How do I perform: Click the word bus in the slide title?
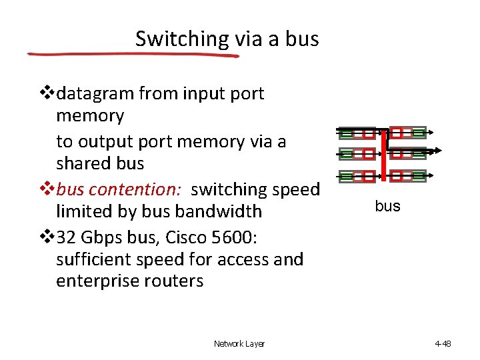pyautogui.click(x=303, y=39)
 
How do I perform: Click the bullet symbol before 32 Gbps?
pyautogui.click(x=47, y=235)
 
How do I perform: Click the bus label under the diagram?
pyautogui.click(x=387, y=206)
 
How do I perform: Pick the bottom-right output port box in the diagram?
pyautogui.click(x=418, y=177)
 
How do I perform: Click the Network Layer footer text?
pyautogui.click(x=239, y=344)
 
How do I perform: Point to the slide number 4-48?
pyautogui.click(x=443, y=344)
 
